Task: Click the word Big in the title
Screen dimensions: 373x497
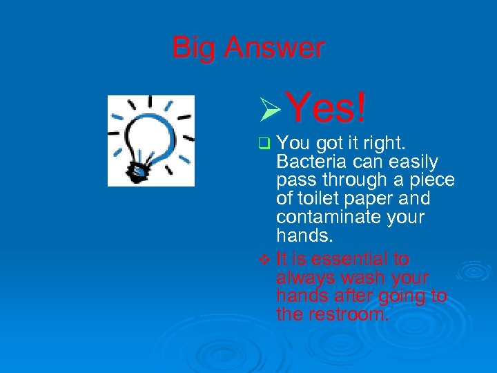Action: click(194, 48)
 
